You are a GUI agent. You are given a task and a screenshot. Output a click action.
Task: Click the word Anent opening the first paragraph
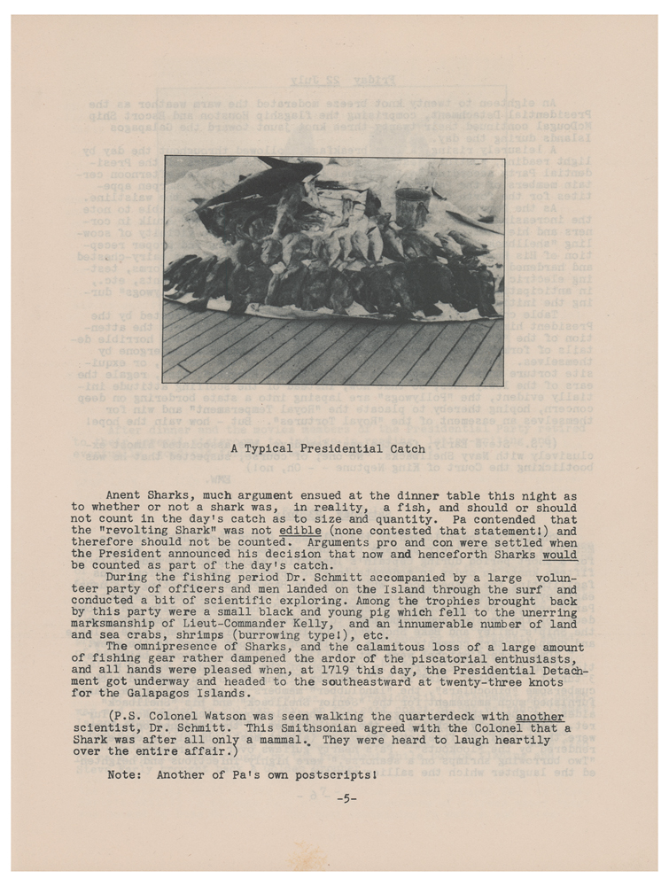click(124, 496)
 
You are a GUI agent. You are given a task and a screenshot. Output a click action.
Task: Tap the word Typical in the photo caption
click(280, 449)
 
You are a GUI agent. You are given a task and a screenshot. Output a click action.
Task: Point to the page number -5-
click(346, 798)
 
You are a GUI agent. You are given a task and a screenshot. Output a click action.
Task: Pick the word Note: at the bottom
click(124, 774)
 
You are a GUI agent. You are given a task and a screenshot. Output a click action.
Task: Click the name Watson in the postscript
click(221, 716)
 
